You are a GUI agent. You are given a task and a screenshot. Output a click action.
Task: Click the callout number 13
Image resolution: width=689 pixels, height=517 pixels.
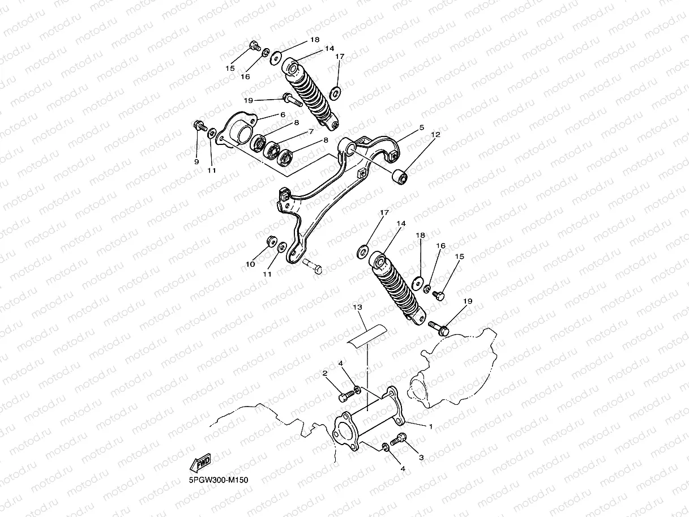[x=357, y=307]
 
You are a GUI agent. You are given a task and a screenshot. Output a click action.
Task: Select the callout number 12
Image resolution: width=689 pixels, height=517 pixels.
[x=435, y=135]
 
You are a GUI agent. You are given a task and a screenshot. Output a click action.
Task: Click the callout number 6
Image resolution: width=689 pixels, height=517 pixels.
[x=281, y=114]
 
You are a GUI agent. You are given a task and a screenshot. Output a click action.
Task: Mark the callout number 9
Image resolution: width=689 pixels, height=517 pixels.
[x=196, y=161]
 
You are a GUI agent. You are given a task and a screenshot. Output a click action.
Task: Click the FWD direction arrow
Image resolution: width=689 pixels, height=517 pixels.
[x=201, y=464]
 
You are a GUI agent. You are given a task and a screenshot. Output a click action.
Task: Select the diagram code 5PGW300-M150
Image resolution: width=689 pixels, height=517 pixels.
[x=219, y=480]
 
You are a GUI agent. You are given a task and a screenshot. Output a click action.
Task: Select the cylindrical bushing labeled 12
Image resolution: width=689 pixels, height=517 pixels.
[x=401, y=177]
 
